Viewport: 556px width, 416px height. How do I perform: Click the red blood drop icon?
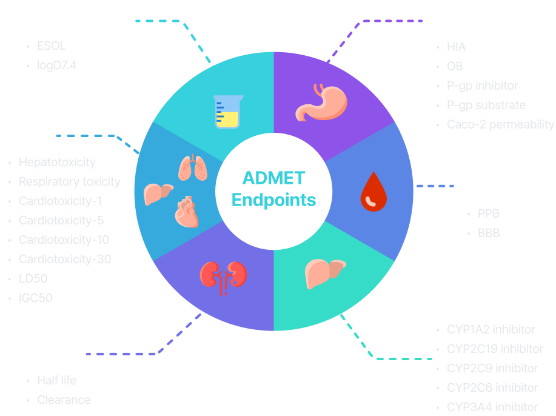(x=373, y=193)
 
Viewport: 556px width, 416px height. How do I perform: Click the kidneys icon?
(x=223, y=276)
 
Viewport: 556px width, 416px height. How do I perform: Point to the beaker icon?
(x=228, y=111)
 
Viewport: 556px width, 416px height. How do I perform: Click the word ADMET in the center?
(x=274, y=178)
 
